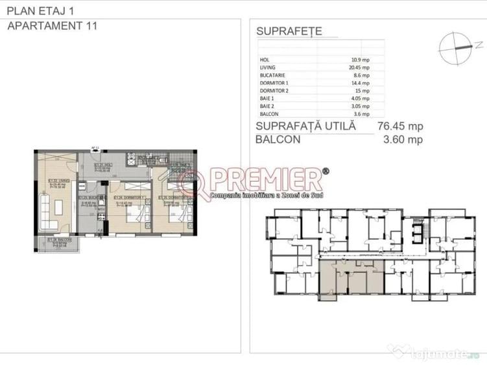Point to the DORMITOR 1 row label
[271, 82]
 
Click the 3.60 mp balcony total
[403, 139]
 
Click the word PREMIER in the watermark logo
[266, 179]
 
